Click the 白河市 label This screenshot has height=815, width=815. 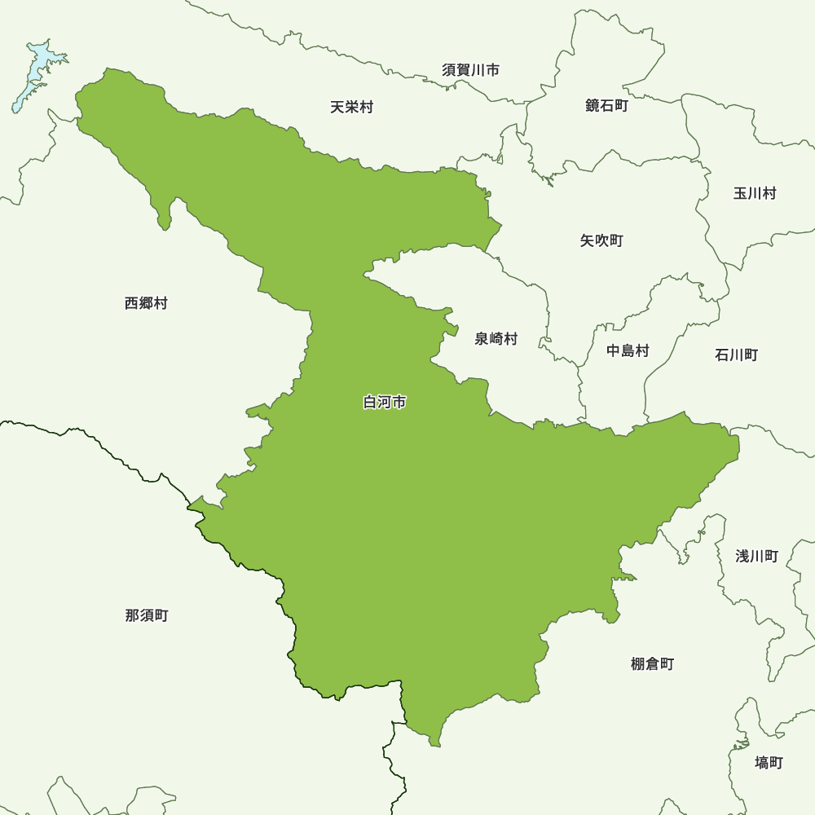click(385, 402)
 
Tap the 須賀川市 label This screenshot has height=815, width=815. click(471, 70)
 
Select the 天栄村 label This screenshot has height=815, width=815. click(352, 107)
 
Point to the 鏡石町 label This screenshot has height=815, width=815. click(606, 106)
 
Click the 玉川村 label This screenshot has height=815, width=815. click(755, 193)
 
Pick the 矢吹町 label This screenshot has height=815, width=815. click(601, 240)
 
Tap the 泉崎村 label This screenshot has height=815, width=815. click(496, 339)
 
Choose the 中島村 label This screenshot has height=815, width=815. click(628, 351)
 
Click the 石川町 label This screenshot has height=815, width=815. click(737, 355)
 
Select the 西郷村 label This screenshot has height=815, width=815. click(147, 303)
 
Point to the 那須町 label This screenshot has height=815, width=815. click(147, 615)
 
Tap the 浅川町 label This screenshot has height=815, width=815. click(757, 556)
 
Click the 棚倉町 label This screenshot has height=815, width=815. click(653, 663)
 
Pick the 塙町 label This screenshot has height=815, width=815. click(769, 763)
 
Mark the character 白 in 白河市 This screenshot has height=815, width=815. click(370, 402)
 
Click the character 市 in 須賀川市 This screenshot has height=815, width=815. click(492, 70)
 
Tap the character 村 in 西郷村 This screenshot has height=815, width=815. click(161, 303)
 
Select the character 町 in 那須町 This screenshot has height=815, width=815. click(161, 615)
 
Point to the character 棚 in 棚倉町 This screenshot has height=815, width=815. click(638, 663)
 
